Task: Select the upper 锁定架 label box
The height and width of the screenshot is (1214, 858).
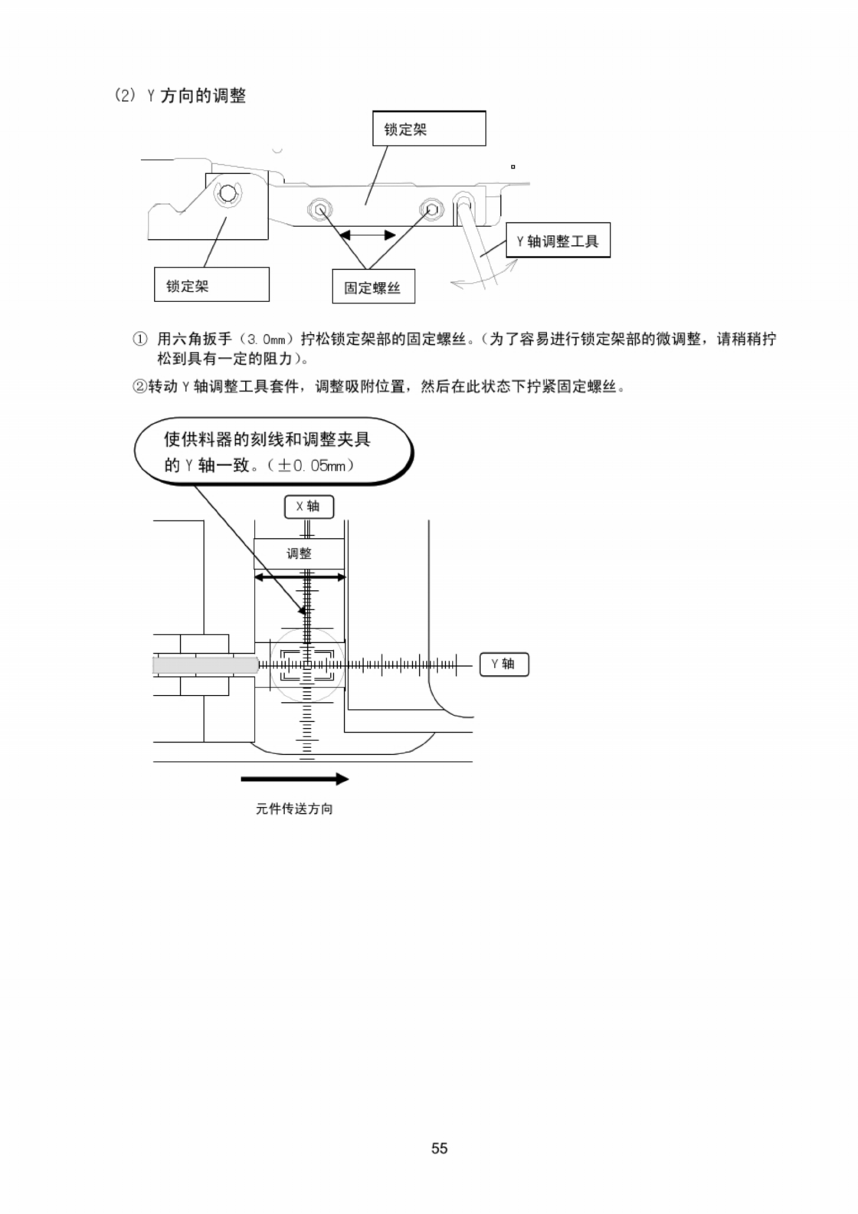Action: click(x=428, y=129)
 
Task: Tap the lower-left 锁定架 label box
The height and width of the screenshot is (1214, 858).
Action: click(x=211, y=285)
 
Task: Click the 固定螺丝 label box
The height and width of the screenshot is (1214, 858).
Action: click(x=373, y=287)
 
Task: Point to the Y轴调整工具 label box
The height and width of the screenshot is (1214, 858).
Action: click(x=558, y=241)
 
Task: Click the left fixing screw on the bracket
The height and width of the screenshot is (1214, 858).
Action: click(x=320, y=208)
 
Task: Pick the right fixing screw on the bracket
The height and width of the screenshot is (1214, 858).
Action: click(x=431, y=208)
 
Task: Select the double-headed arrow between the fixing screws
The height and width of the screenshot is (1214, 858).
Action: click(x=368, y=235)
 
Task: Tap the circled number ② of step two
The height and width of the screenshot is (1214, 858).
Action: click(x=139, y=386)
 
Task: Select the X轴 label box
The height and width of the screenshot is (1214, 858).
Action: click(x=309, y=507)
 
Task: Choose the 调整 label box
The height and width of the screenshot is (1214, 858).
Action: click(x=299, y=553)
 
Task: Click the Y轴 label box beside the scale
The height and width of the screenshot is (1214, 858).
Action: click(x=504, y=664)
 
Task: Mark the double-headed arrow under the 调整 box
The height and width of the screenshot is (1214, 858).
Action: click(x=300, y=577)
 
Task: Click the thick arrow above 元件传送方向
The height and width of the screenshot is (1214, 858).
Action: click(x=295, y=779)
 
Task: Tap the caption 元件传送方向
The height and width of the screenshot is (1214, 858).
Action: click(x=294, y=809)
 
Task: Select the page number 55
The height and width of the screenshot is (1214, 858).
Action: click(x=439, y=1148)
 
